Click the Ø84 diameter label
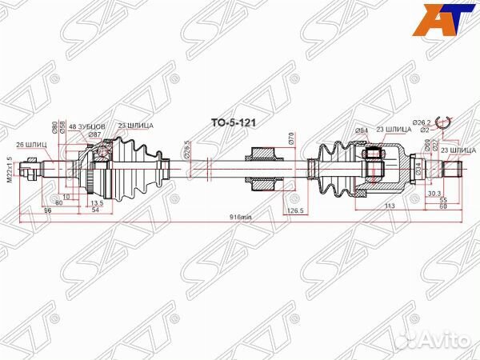[x=338, y=130]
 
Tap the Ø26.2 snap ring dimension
[x=423, y=122]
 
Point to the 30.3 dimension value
[x=432, y=192]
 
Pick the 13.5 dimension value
[x=97, y=202]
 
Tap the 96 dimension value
[x=47, y=210]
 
